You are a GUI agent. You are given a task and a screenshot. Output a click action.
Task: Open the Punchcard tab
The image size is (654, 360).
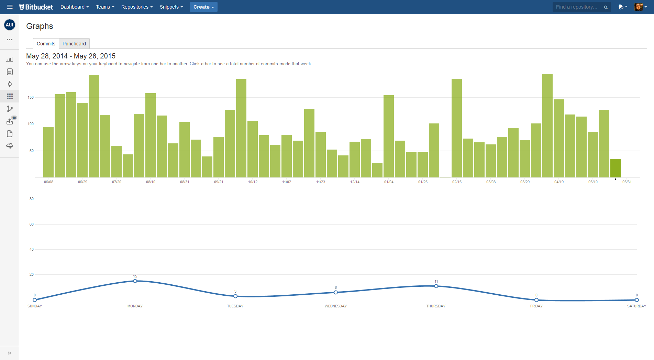click(74, 44)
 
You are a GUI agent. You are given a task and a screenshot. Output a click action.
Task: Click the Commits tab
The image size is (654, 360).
click(46, 44)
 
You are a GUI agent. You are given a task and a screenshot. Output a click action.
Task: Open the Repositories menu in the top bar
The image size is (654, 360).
click(137, 7)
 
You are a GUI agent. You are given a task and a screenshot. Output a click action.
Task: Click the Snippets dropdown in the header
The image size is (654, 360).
click(171, 7)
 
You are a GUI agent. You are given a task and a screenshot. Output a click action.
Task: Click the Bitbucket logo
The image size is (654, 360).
click(36, 7)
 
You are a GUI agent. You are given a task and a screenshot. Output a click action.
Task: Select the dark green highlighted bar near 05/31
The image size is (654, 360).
click(615, 168)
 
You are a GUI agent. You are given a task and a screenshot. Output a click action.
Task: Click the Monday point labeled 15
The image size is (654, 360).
click(135, 281)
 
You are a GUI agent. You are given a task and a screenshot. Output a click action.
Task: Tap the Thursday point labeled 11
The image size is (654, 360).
click(436, 286)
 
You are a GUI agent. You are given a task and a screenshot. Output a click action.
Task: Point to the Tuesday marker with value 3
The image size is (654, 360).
click(235, 296)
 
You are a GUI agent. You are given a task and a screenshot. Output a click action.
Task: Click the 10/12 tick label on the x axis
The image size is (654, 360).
click(253, 182)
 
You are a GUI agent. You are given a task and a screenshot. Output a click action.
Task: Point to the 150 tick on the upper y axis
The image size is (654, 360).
click(31, 98)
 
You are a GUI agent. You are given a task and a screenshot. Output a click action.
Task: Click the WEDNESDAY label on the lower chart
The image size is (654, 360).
click(336, 306)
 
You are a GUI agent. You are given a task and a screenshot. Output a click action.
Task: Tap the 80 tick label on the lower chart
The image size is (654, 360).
click(32, 199)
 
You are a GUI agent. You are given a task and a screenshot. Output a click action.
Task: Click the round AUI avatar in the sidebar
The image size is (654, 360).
click(10, 25)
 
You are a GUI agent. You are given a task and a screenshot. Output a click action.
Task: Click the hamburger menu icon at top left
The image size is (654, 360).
click(10, 7)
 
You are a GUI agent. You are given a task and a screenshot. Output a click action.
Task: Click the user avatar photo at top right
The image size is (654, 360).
click(638, 7)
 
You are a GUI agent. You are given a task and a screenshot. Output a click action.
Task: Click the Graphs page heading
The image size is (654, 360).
click(40, 26)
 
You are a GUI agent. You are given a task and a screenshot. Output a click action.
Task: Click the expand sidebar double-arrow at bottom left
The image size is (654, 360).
click(10, 353)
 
